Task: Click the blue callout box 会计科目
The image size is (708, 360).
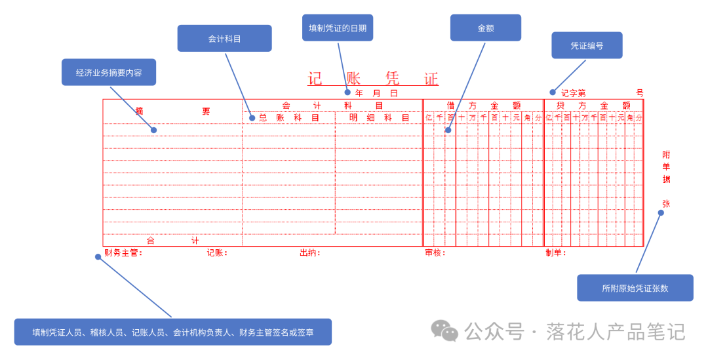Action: tap(224, 39)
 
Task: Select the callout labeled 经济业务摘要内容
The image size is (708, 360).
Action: tap(109, 73)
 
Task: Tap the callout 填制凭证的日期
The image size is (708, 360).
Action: tap(337, 28)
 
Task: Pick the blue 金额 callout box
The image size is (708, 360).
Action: tap(485, 28)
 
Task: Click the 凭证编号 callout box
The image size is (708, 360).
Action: tap(587, 46)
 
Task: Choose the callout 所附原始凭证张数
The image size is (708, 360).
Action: tap(635, 288)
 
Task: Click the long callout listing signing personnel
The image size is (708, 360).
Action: tap(173, 332)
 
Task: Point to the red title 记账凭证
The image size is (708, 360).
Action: tap(373, 79)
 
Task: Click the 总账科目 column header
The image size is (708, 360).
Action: tap(288, 118)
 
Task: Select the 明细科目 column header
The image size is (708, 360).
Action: tap(379, 118)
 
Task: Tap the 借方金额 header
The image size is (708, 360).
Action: tap(483, 105)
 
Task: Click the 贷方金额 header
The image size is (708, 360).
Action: tap(593, 105)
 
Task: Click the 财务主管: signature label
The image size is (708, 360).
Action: tap(123, 253)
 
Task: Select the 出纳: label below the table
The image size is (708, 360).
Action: tap(309, 253)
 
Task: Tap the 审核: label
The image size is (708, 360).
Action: tap(435, 253)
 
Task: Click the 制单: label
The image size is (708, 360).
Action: tap(556, 253)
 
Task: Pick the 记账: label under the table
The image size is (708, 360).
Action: tap(217, 253)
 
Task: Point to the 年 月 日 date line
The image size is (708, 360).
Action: tap(376, 93)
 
